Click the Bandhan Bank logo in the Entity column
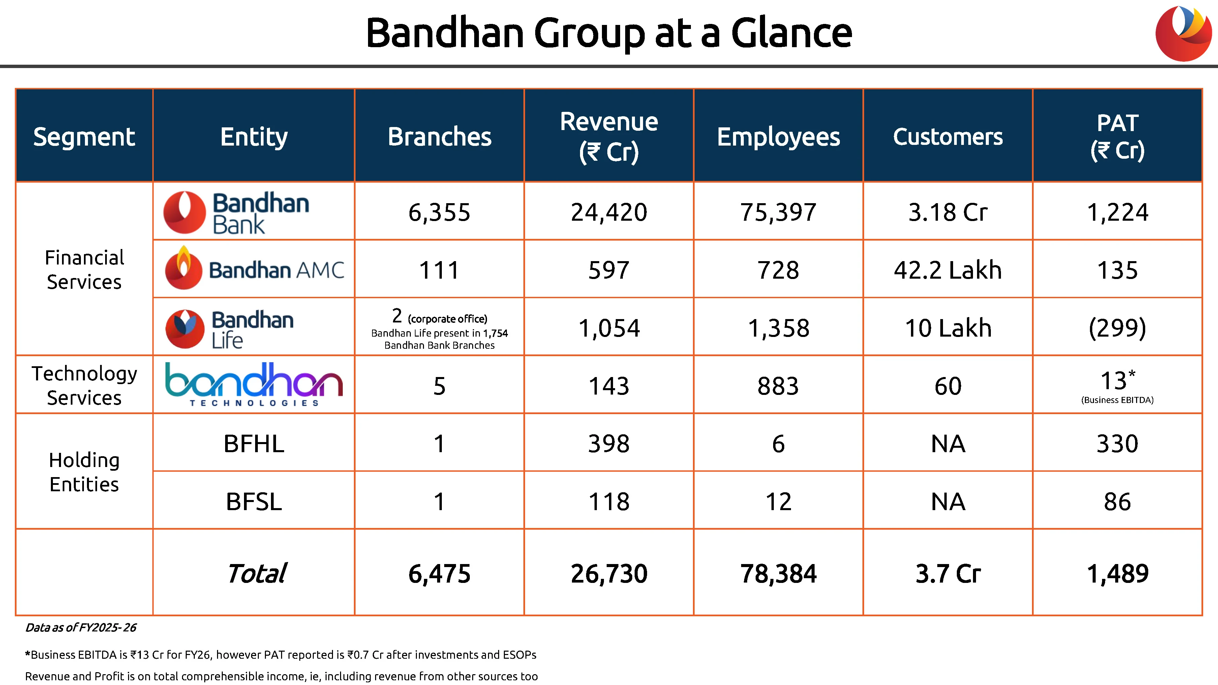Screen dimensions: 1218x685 (236, 212)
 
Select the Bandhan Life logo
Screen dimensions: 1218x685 (229, 329)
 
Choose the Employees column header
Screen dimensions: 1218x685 (778, 137)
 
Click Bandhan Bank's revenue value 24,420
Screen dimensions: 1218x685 (609, 212)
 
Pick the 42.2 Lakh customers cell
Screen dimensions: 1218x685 (948, 270)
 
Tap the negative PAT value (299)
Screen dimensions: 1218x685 (1117, 328)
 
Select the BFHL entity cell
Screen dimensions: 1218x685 (254, 443)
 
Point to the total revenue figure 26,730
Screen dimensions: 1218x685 (609, 573)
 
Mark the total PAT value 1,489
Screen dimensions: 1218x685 (1117, 573)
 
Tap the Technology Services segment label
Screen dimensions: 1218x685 (84, 385)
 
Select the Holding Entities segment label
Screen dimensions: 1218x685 (84, 472)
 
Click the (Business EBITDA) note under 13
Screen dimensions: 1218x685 (1117, 400)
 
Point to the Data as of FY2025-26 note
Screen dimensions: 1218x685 (81, 627)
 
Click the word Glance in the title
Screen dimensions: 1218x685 (792, 33)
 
